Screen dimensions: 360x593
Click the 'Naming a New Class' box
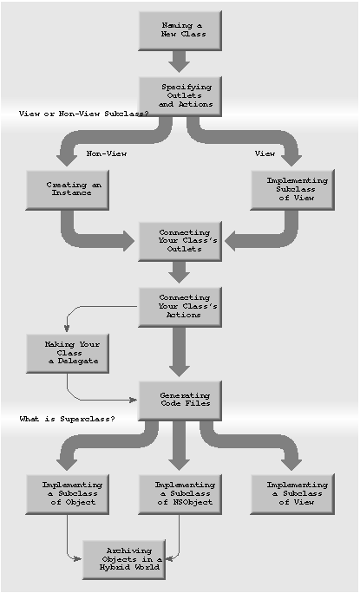pos(180,30)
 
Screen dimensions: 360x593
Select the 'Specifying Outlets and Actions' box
pos(180,96)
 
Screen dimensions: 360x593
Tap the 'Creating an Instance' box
pos(68,190)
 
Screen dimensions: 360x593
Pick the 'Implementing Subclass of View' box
pos(292,190)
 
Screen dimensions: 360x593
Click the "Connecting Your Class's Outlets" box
pos(180,241)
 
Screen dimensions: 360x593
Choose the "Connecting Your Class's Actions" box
pos(180,307)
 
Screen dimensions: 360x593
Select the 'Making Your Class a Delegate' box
pos(68,353)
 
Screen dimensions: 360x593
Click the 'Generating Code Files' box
pos(180,401)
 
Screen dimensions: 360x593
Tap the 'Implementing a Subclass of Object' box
pos(68,494)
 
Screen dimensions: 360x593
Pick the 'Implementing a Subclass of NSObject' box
pos(180,494)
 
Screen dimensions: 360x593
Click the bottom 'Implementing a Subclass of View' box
pos(292,494)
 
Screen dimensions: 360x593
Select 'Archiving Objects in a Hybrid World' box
pos(124,560)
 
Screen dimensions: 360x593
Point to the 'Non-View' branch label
pos(107,153)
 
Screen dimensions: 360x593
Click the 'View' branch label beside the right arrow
pos(265,153)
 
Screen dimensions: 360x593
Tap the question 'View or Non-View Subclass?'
pos(83,114)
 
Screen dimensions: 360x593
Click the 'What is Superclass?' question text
pos(67,419)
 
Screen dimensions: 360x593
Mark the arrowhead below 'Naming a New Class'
pos(180,66)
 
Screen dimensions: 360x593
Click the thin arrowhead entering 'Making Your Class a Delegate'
pos(67,329)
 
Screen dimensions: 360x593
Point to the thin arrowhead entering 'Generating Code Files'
pos(134,400)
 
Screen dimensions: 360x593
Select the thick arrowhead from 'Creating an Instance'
pos(128,241)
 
